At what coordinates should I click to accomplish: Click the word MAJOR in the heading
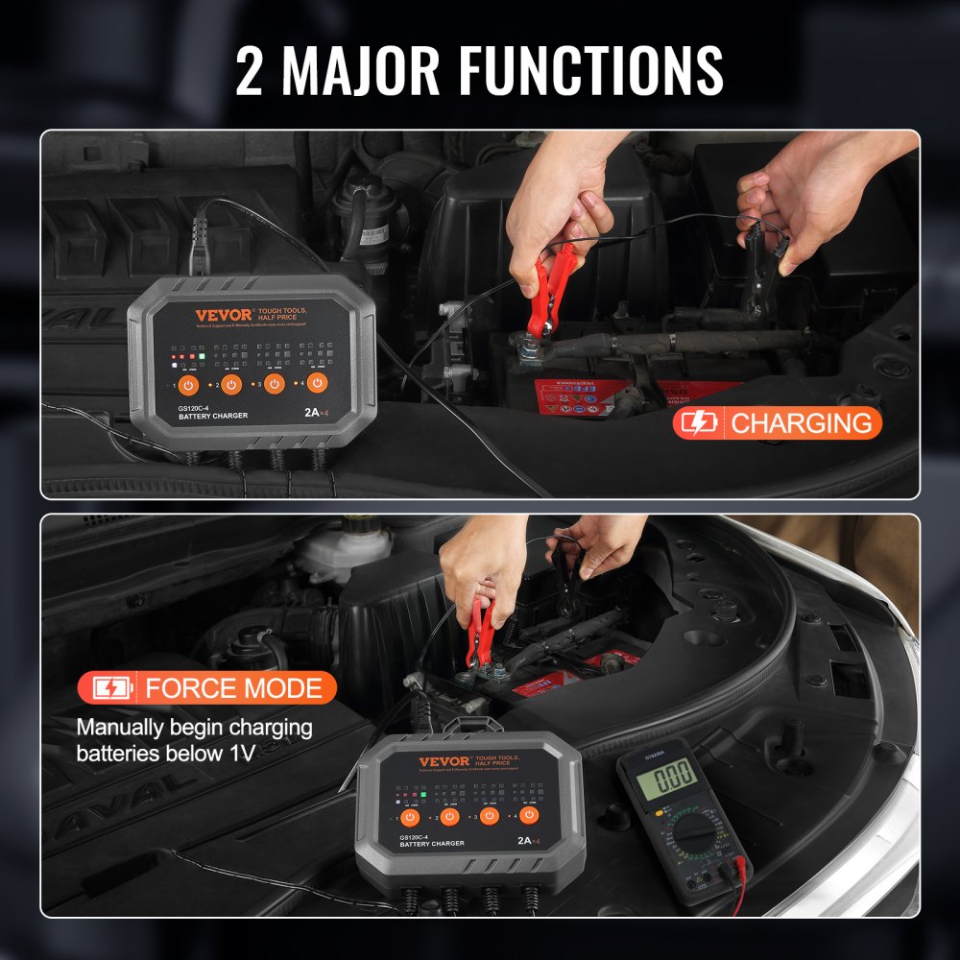(x=364, y=69)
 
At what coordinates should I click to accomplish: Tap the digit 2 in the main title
(x=250, y=70)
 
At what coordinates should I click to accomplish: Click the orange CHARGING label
(x=802, y=422)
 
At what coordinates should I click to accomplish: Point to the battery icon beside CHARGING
(x=699, y=422)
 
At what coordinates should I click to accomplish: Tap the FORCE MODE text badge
(x=232, y=687)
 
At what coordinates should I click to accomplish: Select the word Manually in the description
(x=123, y=727)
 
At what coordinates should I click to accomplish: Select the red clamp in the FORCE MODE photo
(x=480, y=634)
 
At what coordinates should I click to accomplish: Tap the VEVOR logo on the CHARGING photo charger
(x=224, y=315)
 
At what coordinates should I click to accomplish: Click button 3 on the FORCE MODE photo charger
(x=489, y=816)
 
